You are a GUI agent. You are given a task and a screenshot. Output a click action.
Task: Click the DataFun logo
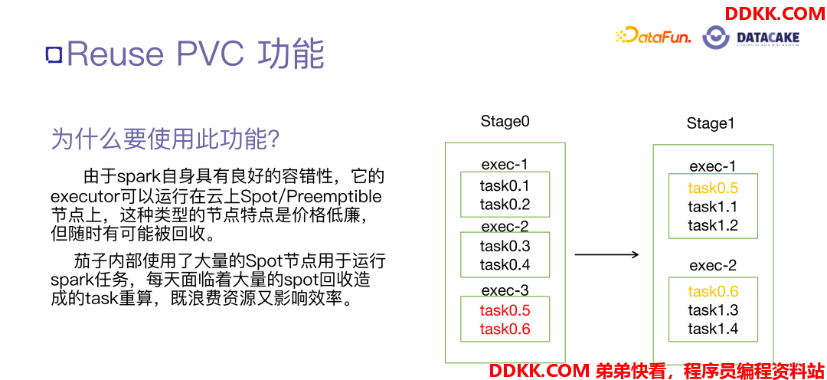point(653,36)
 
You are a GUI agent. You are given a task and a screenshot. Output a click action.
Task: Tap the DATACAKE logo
point(752,38)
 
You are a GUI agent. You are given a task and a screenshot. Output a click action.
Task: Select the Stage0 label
point(505,121)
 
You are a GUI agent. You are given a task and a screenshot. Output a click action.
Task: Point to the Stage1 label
point(711,124)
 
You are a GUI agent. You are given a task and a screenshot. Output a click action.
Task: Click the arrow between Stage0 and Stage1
point(606,255)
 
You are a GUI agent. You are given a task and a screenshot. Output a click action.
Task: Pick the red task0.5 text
point(505,310)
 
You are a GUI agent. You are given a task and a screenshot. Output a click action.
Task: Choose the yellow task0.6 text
point(713,292)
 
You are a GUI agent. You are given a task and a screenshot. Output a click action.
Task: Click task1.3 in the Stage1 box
point(713,310)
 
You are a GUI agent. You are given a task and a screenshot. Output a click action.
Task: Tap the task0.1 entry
point(505,185)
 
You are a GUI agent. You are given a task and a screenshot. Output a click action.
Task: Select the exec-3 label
point(505,290)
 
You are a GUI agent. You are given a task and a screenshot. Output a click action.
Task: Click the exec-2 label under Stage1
point(713,266)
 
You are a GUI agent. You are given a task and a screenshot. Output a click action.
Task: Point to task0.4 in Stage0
point(505,264)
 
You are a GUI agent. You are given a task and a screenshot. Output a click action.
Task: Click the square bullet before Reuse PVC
point(54,54)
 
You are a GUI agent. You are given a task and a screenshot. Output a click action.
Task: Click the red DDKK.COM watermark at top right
point(774,13)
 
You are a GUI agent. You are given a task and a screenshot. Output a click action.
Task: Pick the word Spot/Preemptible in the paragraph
point(311,197)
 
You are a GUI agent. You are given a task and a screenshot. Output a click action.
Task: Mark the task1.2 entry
point(713,225)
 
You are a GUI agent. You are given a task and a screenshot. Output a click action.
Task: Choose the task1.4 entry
point(713,329)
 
